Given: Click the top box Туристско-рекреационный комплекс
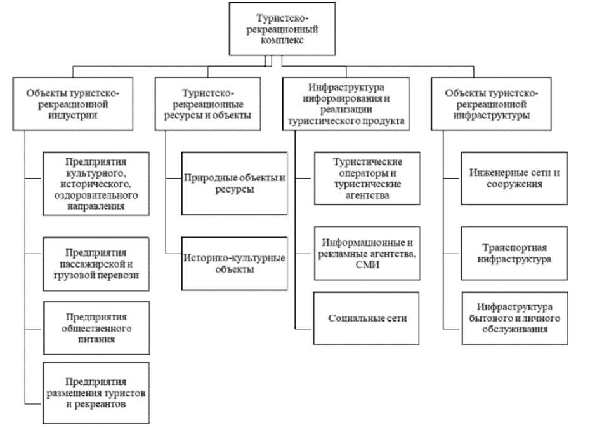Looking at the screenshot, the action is (282, 29).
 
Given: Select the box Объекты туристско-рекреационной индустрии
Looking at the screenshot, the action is (73, 104).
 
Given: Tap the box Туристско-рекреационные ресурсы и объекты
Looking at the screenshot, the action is (207, 104).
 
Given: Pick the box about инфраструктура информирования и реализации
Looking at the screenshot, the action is (346, 104).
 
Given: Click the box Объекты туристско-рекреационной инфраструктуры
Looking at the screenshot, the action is (492, 104).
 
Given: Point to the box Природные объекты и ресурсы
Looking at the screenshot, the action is (235, 184).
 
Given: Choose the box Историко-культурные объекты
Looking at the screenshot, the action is (235, 264).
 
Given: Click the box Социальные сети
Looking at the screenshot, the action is (366, 318).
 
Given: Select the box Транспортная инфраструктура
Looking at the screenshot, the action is (515, 254).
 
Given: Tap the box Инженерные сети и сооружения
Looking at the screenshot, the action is (515, 179).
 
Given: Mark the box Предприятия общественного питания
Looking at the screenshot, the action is (96, 328).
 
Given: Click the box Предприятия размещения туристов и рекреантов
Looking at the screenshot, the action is (96, 393).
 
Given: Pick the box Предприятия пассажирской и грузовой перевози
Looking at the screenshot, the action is (96, 264).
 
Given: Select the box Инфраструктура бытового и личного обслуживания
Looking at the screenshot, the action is (515, 318).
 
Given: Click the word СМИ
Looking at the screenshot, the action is (367, 264).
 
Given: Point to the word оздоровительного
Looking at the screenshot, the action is (96, 196).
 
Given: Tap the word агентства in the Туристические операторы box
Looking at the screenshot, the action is (367, 196).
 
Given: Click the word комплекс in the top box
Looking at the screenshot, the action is (282, 40).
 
